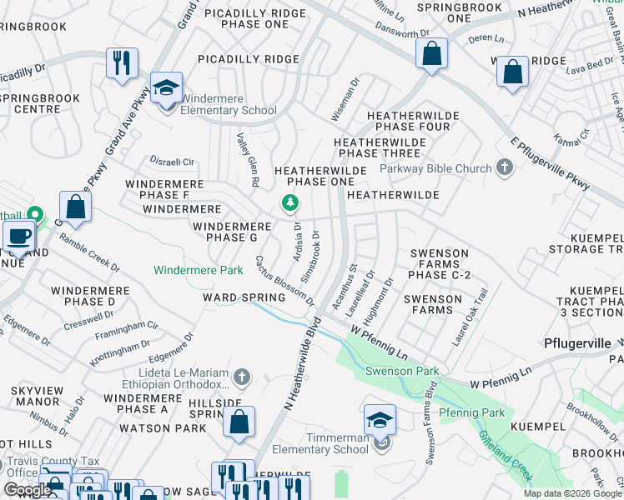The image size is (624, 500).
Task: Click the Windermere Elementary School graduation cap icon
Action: tap(167, 88)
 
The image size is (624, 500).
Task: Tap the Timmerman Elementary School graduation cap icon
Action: tap(380, 420)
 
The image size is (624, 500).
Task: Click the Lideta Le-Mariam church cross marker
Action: tap(242, 377)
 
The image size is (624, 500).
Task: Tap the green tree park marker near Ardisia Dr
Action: tap(289, 202)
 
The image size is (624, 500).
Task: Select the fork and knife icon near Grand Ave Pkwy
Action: tap(123, 63)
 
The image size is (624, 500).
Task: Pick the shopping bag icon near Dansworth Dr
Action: tap(432, 54)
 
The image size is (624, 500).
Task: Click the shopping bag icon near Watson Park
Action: tap(239, 422)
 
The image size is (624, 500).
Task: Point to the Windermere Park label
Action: tap(199, 270)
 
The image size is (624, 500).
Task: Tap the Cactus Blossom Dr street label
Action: tap(284, 280)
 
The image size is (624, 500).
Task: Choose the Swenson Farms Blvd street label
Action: tap(430, 422)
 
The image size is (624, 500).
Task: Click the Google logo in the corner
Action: tap(28, 490)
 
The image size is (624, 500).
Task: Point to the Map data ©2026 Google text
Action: tap(571, 493)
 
